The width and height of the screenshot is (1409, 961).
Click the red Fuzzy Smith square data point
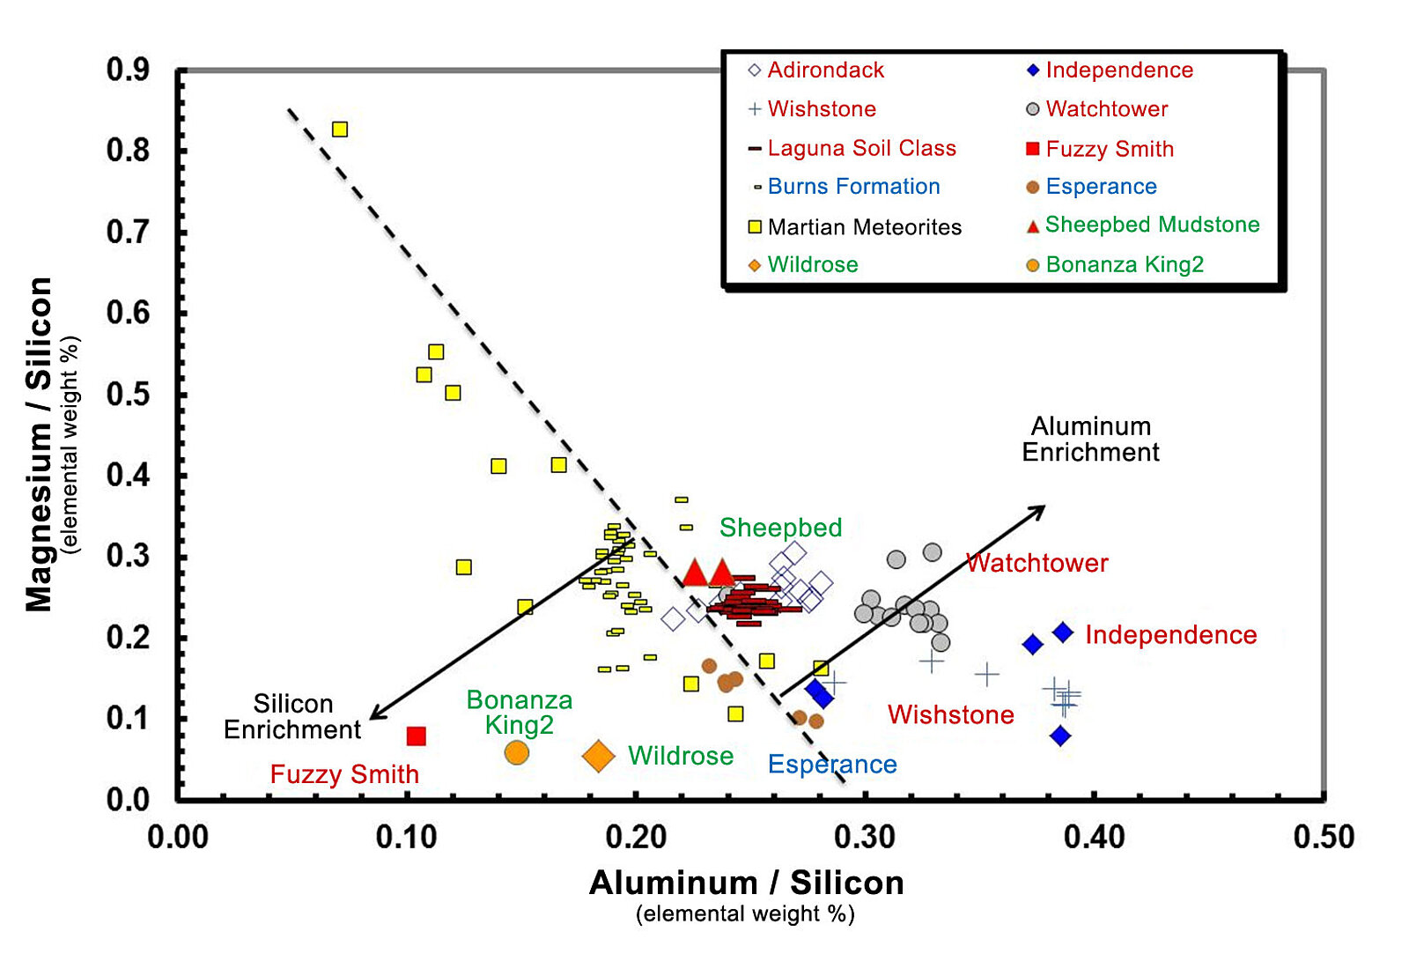pyautogui.click(x=417, y=736)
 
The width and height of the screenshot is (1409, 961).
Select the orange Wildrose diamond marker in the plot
pyautogui.click(x=599, y=756)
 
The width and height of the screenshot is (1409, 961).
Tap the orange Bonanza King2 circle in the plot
pyautogui.click(x=517, y=752)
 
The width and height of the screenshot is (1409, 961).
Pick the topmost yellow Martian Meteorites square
pyautogui.click(x=340, y=129)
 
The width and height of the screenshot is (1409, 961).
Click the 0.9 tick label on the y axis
pyautogui.click(x=129, y=70)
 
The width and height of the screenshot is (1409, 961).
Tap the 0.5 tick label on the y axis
pyautogui.click(x=129, y=394)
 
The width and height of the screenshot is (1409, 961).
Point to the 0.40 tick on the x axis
pyautogui.click(x=1094, y=837)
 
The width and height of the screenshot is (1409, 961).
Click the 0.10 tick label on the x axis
pyautogui.click(x=406, y=837)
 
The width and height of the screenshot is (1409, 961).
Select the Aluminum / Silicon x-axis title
pyautogui.click(x=746, y=883)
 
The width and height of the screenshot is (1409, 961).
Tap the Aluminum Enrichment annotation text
pyautogui.click(x=1090, y=440)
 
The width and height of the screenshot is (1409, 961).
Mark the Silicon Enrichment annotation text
pyautogui.click(x=292, y=716)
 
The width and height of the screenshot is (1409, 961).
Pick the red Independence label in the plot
pyautogui.click(x=1170, y=635)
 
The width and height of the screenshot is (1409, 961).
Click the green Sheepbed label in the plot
pyautogui.click(x=780, y=528)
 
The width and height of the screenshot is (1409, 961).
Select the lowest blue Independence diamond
pyautogui.click(x=1060, y=736)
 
